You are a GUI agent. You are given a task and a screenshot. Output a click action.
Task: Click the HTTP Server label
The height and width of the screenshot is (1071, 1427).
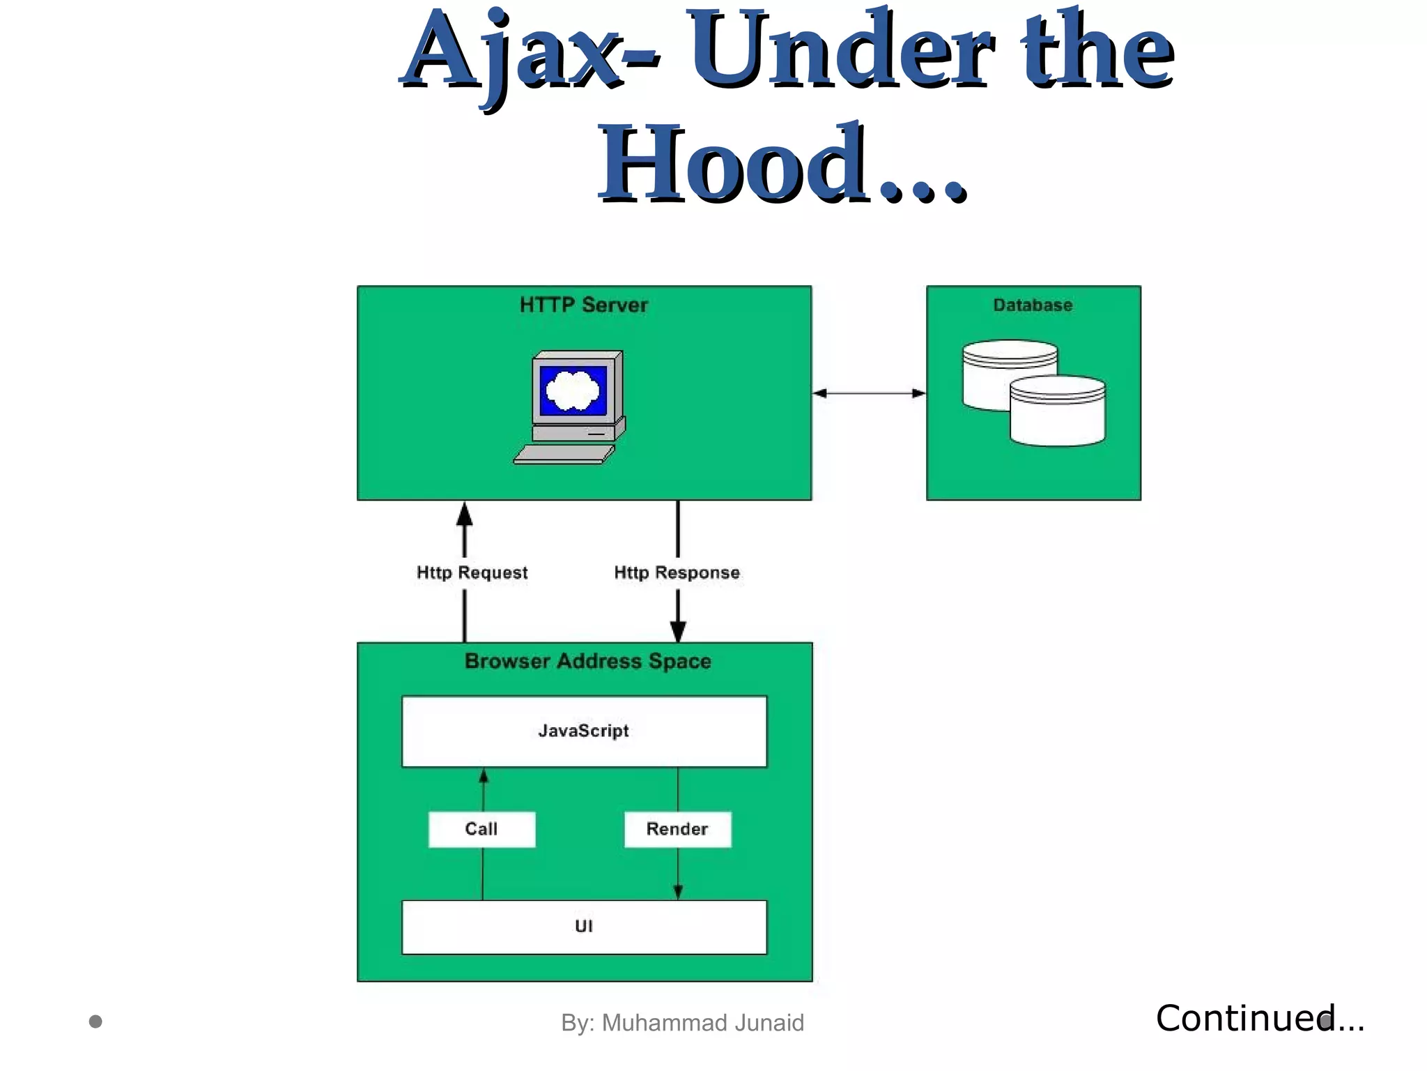click(584, 305)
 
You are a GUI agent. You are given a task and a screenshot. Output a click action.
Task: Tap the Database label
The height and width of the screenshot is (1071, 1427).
click(1033, 305)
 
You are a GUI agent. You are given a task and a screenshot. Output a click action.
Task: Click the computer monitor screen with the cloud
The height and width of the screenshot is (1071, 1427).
click(573, 391)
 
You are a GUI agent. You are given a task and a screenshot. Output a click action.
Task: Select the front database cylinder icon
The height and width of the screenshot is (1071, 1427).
click(1057, 411)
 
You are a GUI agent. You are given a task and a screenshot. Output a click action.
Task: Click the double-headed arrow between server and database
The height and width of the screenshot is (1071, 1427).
click(869, 393)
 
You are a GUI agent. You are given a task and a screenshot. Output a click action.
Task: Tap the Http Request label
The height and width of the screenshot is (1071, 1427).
click(472, 572)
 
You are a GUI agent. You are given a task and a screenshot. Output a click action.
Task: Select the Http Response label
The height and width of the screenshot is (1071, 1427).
click(677, 572)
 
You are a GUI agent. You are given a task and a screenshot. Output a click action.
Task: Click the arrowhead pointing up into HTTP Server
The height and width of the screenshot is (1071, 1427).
click(465, 515)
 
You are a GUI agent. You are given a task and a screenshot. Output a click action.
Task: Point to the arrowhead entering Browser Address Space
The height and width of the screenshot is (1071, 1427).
click(678, 631)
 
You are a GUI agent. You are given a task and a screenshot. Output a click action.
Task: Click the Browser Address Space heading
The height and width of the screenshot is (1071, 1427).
click(587, 661)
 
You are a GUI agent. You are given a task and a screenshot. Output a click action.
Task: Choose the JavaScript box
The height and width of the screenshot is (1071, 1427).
click(584, 731)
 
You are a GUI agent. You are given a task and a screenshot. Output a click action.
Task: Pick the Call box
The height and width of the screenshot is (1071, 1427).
click(481, 829)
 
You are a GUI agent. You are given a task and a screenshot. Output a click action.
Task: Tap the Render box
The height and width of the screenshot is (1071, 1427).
click(677, 829)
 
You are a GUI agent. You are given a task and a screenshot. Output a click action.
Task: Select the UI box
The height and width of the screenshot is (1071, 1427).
click(584, 927)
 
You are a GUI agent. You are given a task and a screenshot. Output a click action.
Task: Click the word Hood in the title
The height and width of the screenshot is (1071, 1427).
click(732, 165)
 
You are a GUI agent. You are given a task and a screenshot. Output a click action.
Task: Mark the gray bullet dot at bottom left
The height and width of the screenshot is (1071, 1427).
click(96, 1021)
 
